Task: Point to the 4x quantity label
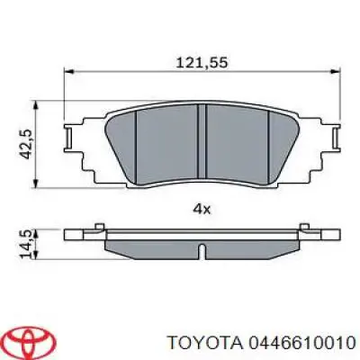click(x=202, y=208)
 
